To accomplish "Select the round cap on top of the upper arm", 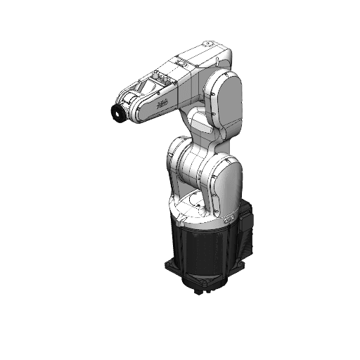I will point(207,46).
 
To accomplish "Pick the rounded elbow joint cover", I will point(226,104).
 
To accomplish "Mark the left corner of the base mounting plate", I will point(167,266).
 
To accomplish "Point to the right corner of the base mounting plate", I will point(247,261).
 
